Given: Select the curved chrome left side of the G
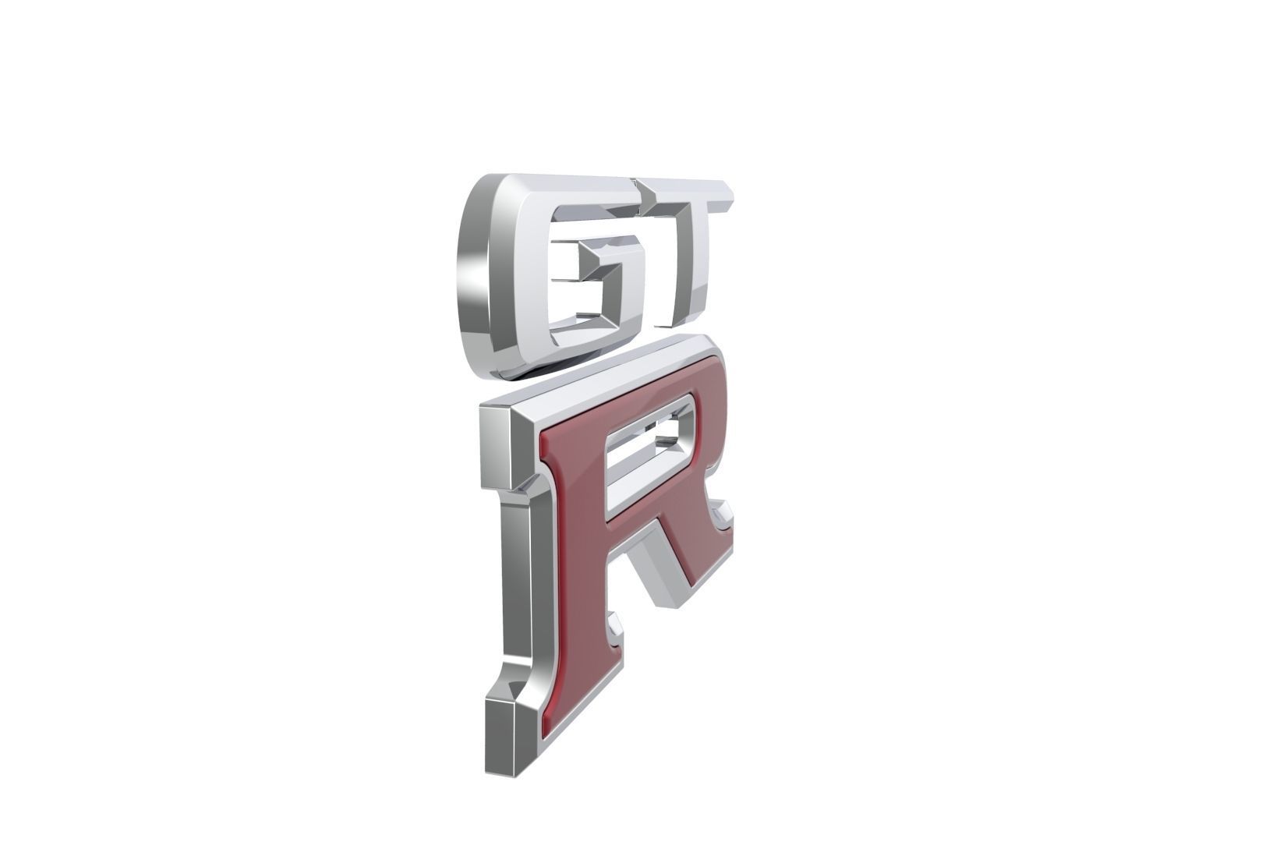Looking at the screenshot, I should (476, 273).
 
